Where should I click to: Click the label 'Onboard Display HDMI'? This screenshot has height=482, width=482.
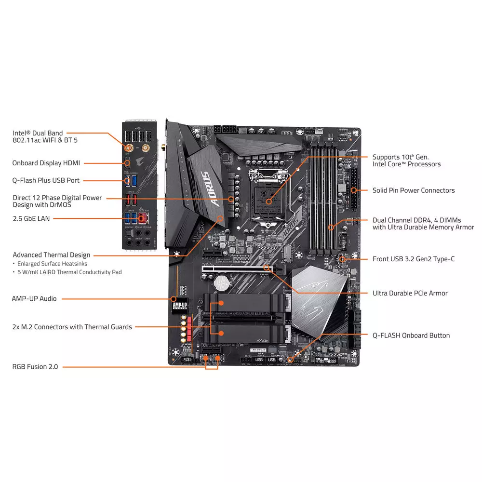(46, 163)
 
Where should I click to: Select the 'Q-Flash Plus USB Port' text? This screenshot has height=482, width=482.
(46, 180)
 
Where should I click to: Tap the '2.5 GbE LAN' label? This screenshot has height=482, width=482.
(31, 218)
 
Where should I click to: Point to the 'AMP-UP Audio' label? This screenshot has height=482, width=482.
(35, 298)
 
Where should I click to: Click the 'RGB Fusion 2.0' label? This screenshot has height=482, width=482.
(35, 367)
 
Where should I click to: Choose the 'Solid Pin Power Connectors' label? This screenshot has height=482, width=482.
(414, 190)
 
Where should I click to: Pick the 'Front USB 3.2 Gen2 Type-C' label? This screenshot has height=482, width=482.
(414, 259)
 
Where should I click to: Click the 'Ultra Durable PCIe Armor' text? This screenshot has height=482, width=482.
(410, 293)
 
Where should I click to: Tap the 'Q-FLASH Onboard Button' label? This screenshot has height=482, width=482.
(411, 335)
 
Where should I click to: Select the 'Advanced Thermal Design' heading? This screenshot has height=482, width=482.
(52, 255)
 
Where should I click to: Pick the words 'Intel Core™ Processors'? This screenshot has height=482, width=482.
(406, 164)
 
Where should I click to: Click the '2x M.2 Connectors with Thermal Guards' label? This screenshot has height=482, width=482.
(72, 327)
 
